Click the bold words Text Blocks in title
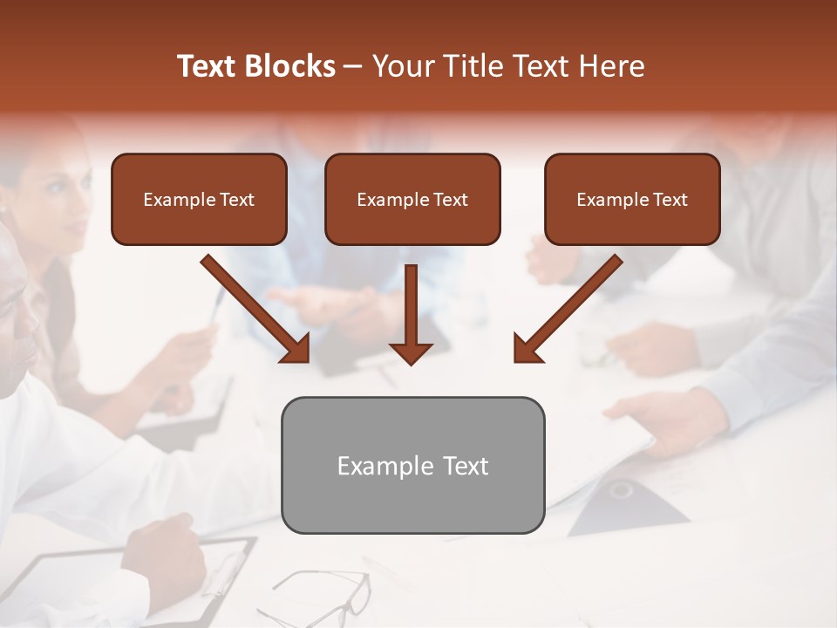(x=255, y=66)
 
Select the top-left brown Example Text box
(x=199, y=200)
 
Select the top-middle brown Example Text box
(x=412, y=200)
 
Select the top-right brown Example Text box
(x=632, y=200)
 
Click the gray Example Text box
(x=412, y=466)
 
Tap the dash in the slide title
(x=353, y=66)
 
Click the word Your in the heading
(x=404, y=66)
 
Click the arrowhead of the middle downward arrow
(x=411, y=352)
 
